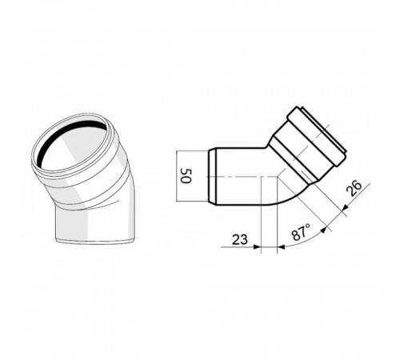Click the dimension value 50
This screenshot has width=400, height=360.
(186, 176)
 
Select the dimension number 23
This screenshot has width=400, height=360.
(240, 239)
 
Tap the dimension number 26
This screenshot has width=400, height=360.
(354, 188)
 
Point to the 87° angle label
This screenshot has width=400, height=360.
(301, 232)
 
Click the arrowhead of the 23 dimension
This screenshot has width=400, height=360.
(257, 247)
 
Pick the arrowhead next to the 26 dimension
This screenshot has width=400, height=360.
(344, 206)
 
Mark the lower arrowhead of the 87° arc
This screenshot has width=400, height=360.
(281, 247)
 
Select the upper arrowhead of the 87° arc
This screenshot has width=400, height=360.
(323, 230)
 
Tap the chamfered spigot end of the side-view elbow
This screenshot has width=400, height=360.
(211, 176)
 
